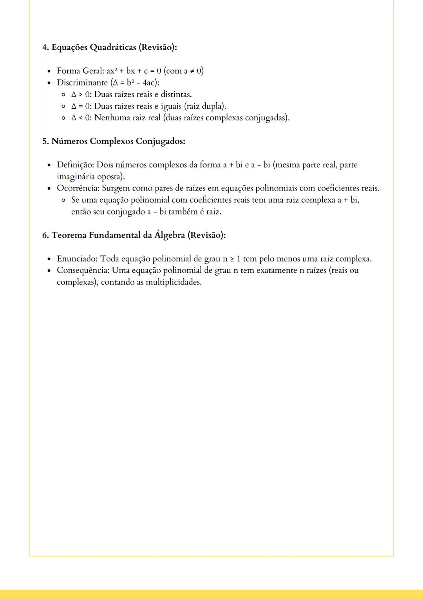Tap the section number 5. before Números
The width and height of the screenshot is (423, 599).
point(46,141)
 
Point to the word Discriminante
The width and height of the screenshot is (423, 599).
point(82,83)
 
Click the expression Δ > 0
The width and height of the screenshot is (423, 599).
point(80,94)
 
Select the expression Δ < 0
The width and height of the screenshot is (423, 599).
point(80,118)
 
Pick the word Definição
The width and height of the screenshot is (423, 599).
point(75,165)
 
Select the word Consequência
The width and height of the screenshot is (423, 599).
point(83,270)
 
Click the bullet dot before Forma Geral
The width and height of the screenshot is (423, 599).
point(49,71)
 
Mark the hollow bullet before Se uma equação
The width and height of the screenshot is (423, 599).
point(63,200)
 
